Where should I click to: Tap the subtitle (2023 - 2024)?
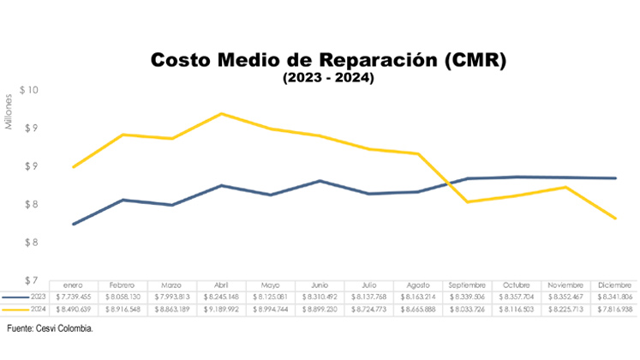(328, 78)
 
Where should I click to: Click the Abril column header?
(222, 285)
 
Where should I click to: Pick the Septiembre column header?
(467, 285)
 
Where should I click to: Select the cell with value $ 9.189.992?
(222, 309)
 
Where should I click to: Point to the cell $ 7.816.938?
(613, 309)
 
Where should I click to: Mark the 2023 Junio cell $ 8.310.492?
(320, 297)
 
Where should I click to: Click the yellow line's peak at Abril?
(222, 113)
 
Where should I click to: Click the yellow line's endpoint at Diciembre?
(614, 218)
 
